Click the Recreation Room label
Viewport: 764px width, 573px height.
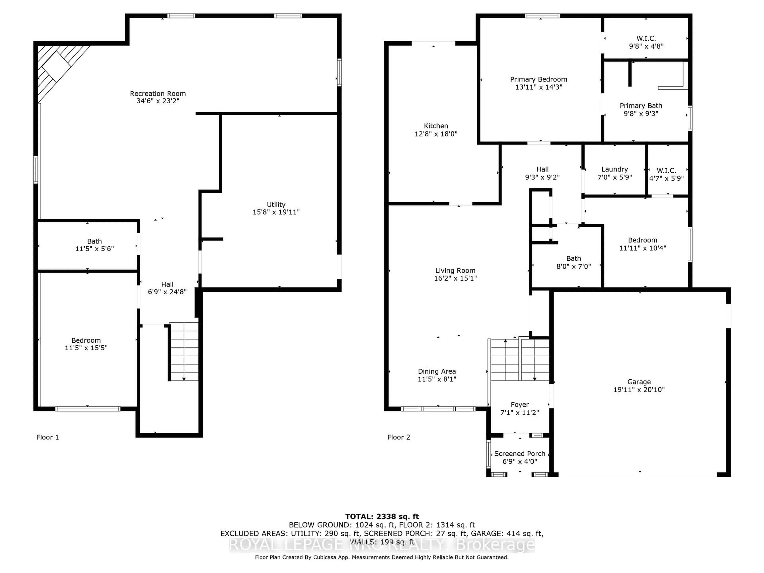tap(158, 94)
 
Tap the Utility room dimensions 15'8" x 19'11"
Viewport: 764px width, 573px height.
tap(276, 212)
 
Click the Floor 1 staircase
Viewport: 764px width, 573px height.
tap(184, 352)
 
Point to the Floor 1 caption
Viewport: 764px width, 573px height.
tap(48, 437)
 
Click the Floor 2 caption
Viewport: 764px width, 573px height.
tap(399, 437)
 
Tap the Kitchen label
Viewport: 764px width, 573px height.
tap(436, 126)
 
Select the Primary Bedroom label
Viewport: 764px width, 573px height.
tap(538, 79)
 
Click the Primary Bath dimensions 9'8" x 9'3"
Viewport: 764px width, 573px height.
tap(641, 114)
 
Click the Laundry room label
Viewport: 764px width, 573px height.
tap(614, 169)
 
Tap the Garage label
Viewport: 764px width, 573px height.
tap(639, 382)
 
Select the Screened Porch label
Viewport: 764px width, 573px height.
tap(519, 453)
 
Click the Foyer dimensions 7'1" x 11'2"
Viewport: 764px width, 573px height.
tap(519, 412)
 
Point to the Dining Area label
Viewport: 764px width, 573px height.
tap(437, 371)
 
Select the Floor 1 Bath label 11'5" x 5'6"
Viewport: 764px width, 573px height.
tap(94, 241)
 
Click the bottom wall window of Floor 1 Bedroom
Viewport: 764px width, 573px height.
tap(88, 409)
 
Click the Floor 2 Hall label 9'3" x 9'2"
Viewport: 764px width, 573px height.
tap(542, 169)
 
